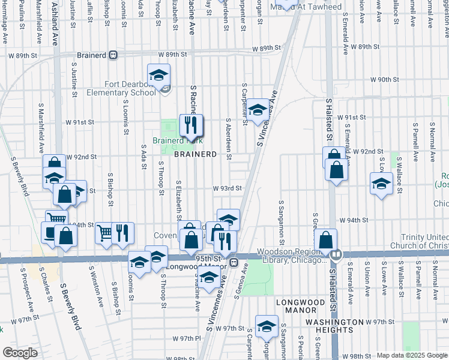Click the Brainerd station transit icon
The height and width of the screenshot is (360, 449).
click(x=113, y=55)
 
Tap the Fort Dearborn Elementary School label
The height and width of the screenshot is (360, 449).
click(x=121, y=89)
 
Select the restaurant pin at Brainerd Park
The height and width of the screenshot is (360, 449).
click(x=191, y=125)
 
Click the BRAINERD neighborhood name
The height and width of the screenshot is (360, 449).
click(x=195, y=154)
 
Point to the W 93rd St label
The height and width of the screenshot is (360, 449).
click(x=227, y=188)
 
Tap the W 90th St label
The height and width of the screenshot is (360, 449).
click(x=385, y=79)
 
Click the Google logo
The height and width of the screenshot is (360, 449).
click(x=20, y=353)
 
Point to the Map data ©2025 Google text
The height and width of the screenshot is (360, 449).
click(x=411, y=355)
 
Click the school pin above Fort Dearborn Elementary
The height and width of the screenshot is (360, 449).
click(x=158, y=75)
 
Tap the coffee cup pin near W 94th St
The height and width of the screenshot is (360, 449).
click(x=49, y=232)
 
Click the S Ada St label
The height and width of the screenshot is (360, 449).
click(x=144, y=157)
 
